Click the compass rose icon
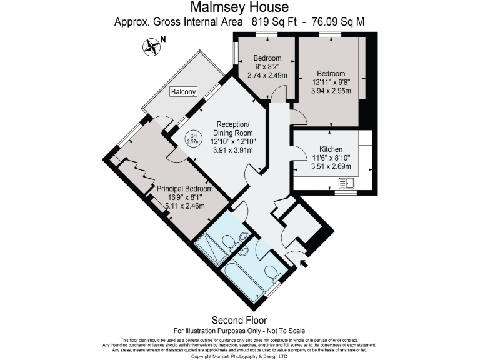click(151, 45)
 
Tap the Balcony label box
click(184, 92)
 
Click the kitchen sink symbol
click(346, 184)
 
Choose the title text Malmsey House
click(239, 7)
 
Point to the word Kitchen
click(331, 150)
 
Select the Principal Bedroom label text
click(184, 189)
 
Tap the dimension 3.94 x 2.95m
click(331, 90)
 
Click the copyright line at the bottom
click(239, 356)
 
